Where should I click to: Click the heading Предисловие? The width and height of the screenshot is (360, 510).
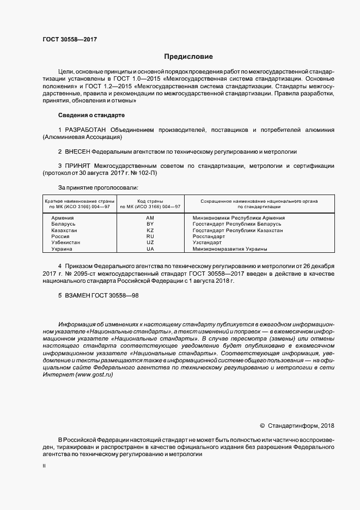[x=188, y=57]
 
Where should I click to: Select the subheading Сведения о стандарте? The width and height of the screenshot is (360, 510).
[x=91, y=115]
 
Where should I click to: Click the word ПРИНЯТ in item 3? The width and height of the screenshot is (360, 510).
[x=78, y=165]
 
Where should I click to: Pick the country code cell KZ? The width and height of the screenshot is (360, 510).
[x=150, y=230]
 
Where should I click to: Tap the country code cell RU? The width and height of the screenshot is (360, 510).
[x=150, y=236]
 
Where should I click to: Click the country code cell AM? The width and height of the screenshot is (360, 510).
[x=150, y=218]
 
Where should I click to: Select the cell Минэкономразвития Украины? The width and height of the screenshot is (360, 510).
[x=230, y=249]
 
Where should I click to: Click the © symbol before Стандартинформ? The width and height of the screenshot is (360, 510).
[x=262, y=425]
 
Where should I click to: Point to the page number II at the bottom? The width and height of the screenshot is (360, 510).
[x=44, y=466]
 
